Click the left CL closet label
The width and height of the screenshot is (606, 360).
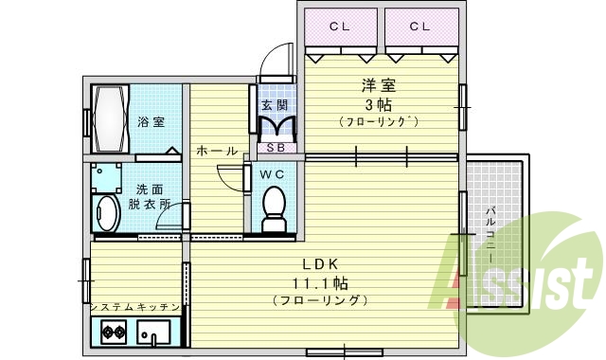click(x=339, y=26)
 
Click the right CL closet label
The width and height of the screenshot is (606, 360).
click(x=420, y=26)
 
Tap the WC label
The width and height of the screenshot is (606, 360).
click(x=273, y=174)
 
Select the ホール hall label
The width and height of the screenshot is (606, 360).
click(x=216, y=151)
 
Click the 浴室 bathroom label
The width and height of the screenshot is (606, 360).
click(x=151, y=121)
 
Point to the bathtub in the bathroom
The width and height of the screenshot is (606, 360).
click(x=107, y=121)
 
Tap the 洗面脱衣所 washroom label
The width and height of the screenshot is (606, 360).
click(x=151, y=196)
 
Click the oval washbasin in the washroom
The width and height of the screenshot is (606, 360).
click(x=107, y=214)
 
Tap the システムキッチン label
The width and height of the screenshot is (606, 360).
click(x=134, y=308)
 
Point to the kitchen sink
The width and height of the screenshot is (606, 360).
click(x=153, y=333)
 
